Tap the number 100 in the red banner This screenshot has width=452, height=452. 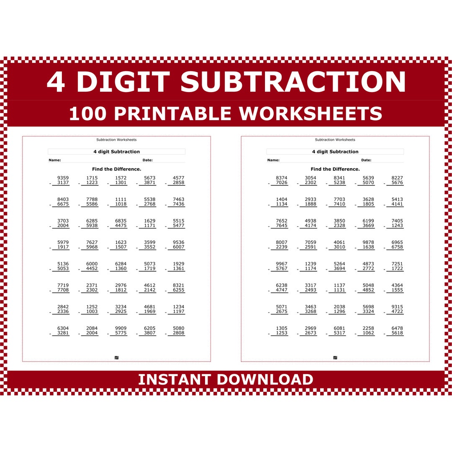tap(87, 113)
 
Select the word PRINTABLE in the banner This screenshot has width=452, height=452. tap(172, 113)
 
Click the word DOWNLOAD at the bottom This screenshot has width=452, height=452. tap(265, 379)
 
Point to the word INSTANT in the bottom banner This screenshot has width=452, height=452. tap(174, 379)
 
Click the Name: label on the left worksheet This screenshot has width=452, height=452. tap(55, 160)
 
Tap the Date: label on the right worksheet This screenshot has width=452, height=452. tap(366, 160)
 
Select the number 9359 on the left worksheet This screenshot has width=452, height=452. tap(63, 178)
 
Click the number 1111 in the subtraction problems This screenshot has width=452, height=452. tap(121, 199)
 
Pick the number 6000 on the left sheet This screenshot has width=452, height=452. tap(92, 264)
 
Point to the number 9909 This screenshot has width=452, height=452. tap(121, 328)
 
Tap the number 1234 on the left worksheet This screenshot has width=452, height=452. tap(178, 307)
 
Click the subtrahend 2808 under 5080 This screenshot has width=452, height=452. tap(178, 333)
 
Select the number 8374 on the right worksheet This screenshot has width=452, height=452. tap(282, 178)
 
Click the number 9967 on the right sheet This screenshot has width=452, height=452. tap(282, 264)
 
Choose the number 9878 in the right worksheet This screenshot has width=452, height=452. tap(368, 242)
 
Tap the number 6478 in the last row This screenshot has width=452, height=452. tap(397, 328)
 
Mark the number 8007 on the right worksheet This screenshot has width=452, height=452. tap(282, 242)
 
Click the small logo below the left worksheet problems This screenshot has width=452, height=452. tap(116, 357)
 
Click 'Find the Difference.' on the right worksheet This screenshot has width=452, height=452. tap(335, 169)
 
